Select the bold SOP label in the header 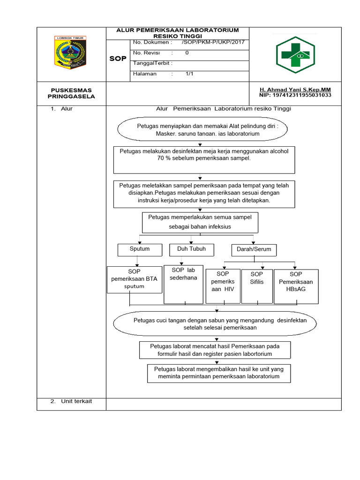[x=118, y=59]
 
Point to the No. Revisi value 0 [x=187, y=53]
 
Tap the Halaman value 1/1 [x=189, y=74]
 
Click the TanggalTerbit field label [x=153, y=63]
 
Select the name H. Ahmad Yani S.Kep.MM [x=295, y=89]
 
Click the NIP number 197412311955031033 [x=295, y=95]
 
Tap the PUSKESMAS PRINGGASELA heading [x=71, y=93]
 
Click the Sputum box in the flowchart [x=140, y=249]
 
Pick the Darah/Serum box [x=254, y=250]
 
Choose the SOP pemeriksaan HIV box [x=222, y=285]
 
